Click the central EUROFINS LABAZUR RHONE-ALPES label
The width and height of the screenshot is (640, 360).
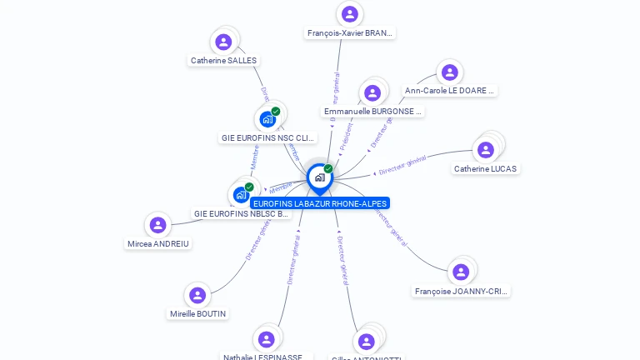(320, 203)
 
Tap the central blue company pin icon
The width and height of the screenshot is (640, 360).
(319, 177)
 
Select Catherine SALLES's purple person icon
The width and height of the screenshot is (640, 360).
(223, 42)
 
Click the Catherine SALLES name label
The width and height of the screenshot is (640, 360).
(223, 60)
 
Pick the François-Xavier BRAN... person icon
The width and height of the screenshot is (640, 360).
(350, 14)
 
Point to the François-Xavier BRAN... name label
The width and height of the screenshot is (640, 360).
(350, 33)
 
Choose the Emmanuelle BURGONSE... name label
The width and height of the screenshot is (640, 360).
(372, 111)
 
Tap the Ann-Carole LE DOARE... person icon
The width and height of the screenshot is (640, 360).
(449, 72)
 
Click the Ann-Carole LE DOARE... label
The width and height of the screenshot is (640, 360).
(450, 90)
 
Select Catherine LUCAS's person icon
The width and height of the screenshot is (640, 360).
(485, 150)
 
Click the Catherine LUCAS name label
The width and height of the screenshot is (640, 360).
(485, 168)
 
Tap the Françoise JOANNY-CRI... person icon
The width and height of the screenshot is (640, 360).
(461, 272)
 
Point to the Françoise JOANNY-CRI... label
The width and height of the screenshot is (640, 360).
(461, 292)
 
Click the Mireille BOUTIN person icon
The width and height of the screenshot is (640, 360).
(197, 295)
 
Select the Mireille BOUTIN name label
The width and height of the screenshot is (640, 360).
(197, 314)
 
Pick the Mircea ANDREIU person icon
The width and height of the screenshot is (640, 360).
(157, 225)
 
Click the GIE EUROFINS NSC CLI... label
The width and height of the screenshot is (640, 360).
(267, 137)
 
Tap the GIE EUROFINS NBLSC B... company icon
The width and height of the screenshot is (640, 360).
(241, 195)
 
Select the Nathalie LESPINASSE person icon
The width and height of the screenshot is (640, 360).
(266, 339)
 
